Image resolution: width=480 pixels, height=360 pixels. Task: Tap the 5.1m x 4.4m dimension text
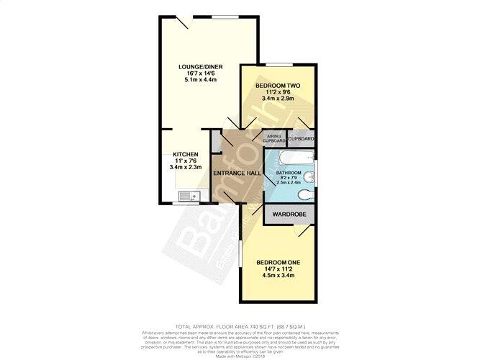[200, 80]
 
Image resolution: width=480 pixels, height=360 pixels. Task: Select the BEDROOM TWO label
[278, 86]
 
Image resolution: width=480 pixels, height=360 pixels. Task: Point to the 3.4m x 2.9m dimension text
[278, 101]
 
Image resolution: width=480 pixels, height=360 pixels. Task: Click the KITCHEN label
[184, 154]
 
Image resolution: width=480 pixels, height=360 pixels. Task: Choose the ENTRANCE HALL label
[236, 175]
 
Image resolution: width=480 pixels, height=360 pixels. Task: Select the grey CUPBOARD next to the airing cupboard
[302, 138]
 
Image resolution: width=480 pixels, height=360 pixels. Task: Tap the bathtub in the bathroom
[291, 158]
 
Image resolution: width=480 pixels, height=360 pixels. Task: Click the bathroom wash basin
[309, 177]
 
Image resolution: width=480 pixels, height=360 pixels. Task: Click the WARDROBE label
[289, 214]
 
